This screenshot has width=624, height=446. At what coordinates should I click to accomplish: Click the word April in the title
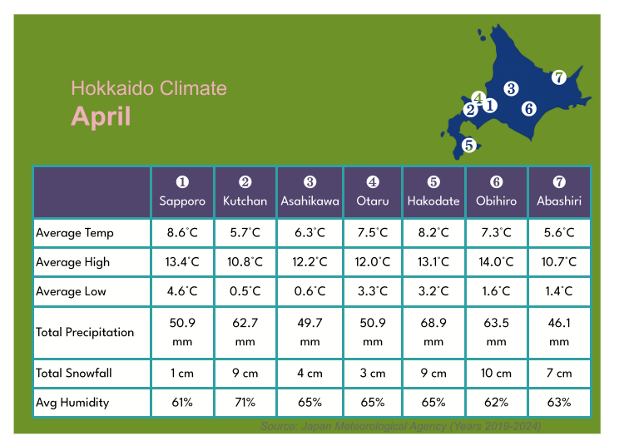click(101, 116)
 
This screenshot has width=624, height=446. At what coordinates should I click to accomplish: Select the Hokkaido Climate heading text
click(148, 88)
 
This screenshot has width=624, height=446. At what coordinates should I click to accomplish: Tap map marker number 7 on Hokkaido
click(559, 77)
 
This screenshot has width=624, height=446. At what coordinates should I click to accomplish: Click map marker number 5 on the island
click(468, 145)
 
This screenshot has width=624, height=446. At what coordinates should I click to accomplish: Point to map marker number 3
click(511, 88)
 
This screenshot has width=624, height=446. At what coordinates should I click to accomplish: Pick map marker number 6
click(528, 107)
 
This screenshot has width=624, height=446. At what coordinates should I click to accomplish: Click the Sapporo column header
click(182, 192)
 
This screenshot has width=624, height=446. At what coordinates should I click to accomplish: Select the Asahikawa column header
click(310, 192)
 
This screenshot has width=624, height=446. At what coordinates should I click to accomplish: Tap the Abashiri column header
click(559, 192)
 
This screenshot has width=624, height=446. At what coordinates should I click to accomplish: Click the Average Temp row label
click(75, 233)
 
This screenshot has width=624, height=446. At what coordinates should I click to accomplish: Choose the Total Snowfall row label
click(74, 373)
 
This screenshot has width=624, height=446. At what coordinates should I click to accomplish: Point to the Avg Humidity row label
click(72, 402)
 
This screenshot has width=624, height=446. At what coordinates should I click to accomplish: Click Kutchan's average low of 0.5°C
click(245, 291)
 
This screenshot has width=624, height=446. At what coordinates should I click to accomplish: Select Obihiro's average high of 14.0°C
click(497, 262)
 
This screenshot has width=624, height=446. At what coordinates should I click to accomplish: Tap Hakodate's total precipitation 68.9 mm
click(433, 332)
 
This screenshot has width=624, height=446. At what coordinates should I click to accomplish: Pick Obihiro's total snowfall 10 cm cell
click(497, 373)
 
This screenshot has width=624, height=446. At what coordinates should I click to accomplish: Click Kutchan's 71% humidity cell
click(245, 402)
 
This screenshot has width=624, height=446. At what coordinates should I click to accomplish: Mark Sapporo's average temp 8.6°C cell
click(182, 233)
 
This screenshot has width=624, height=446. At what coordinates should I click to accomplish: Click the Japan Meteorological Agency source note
click(400, 426)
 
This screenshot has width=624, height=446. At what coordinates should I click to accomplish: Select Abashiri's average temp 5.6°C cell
click(559, 233)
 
